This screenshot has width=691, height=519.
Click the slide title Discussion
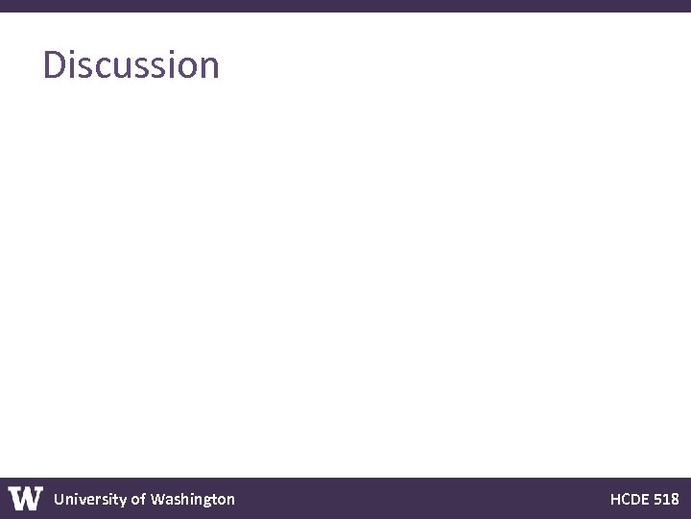pos(131,65)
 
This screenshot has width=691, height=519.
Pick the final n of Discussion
pos(209,67)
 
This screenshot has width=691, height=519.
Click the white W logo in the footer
pos(26,499)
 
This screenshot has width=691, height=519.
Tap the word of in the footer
pos(138,499)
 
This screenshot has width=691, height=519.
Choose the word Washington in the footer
pos(192,499)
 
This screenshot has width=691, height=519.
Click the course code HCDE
pos(629,499)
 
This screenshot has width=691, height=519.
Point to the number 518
pos(666,499)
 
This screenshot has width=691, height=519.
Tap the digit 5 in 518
pos(657,499)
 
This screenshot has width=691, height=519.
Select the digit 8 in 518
pos(675,499)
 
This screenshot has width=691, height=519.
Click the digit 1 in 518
pos(666,499)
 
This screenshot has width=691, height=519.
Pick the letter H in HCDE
pos(615,499)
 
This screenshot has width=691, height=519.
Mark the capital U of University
pos(60,499)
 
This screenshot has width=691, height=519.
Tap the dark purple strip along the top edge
pos(345,5)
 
